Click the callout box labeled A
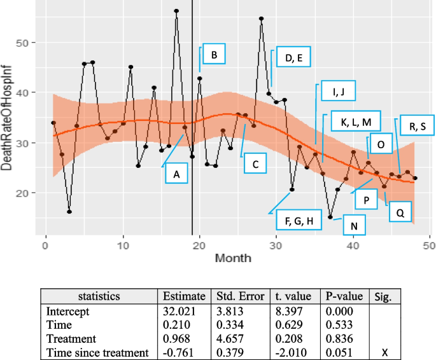[x=177, y=172]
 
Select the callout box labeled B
[x=214, y=55]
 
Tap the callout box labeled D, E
[x=293, y=58]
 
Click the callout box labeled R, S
[x=413, y=126]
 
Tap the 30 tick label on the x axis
[x=276, y=246]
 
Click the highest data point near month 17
[x=176, y=11]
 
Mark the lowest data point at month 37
[x=330, y=217]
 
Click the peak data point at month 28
[x=261, y=19]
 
